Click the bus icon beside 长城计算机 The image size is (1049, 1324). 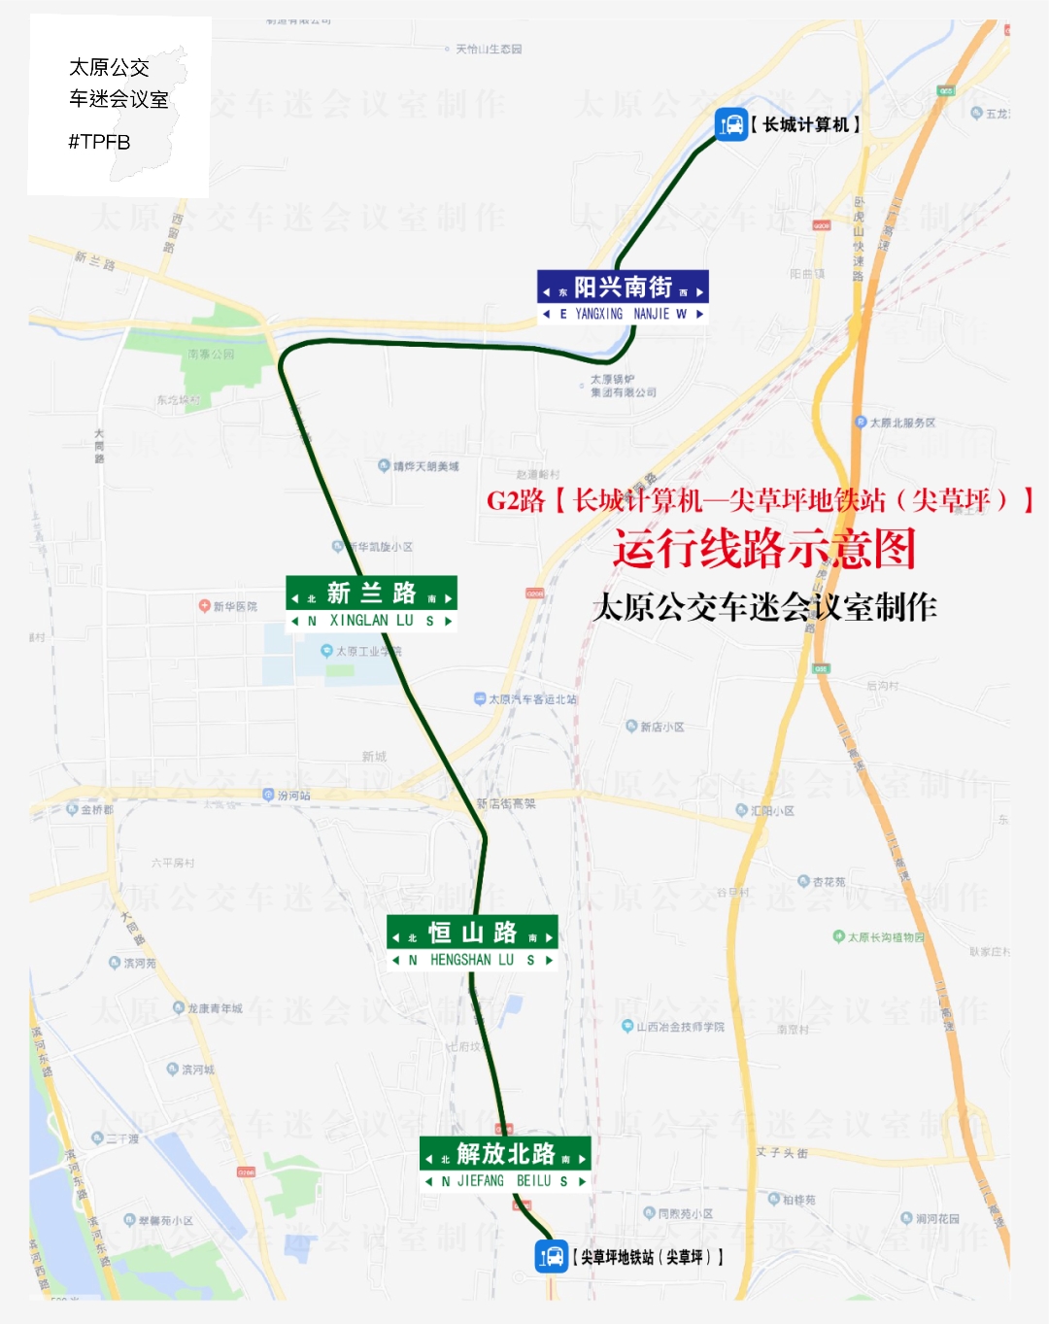tap(730, 124)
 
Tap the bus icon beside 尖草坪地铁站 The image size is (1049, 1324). tap(551, 1256)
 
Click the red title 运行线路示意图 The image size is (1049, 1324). tap(763, 549)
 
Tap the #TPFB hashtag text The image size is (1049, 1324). tap(99, 142)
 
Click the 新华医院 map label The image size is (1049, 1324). tap(234, 606)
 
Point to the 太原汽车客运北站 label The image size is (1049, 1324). tap(531, 699)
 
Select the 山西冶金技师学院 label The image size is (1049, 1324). tap(679, 1027)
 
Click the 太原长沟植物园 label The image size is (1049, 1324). tap(885, 937)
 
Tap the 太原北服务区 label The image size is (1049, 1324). tap(901, 423)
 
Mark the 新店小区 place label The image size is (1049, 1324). tap(661, 727)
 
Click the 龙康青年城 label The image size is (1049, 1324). tap(214, 1008)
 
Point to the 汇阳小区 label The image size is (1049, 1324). tap(771, 810)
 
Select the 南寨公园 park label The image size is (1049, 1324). tap(211, 355)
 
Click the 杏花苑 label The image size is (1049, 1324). tap(828, 882)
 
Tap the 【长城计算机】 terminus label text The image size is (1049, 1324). tap(805, 124)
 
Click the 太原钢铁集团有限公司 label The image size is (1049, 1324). tap(623, 386)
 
